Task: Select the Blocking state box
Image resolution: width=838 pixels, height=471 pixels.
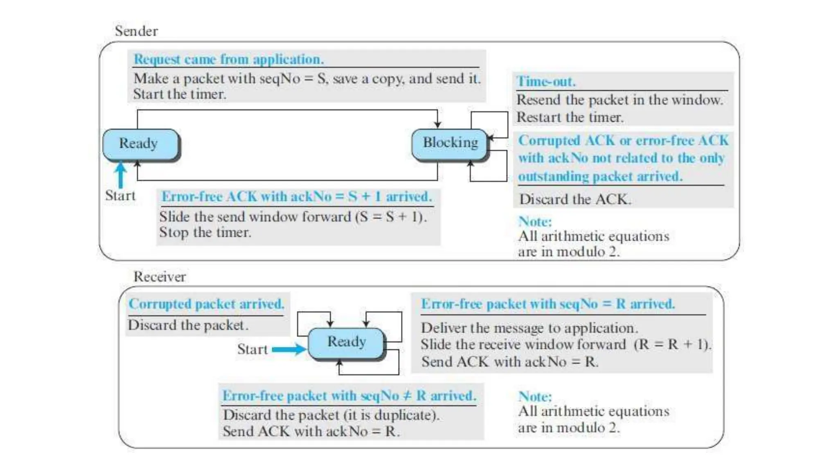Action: pos(450,143)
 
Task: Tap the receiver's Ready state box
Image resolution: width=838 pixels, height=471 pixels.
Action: pos(346,342)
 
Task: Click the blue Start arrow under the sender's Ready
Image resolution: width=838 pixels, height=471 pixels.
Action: pos(120,175)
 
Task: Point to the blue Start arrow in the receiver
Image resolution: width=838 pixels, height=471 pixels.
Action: pos(289,349)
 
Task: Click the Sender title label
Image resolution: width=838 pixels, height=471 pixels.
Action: pos(136,31)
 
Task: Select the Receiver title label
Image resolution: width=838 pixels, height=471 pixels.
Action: pos(160,277)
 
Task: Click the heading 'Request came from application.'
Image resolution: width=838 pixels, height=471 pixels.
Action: pos(229,59)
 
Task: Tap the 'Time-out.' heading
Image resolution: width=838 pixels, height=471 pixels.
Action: pos(546,81)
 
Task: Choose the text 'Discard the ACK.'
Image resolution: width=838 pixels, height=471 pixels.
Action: pos(575,200)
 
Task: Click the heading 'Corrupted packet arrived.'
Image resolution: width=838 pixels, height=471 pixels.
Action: pos(206,304)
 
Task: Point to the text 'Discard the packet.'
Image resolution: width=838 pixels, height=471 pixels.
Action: pos(188,325)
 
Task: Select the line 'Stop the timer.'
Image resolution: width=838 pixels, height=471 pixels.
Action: pos(205,233)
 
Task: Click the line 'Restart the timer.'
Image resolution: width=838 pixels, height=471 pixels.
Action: pos(570,117)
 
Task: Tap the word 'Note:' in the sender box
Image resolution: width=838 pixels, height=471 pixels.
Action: pos(535,221)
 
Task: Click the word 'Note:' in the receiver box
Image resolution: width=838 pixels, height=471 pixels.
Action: pos(535,396)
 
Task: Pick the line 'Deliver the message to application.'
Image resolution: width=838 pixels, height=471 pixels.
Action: pos(529,328)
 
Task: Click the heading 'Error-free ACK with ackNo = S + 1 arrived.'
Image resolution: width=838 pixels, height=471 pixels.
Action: pos(297,197)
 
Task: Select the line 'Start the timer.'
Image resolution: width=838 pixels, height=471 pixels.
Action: pos(180,94)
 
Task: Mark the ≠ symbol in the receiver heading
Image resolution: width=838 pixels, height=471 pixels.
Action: pos(407,396)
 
